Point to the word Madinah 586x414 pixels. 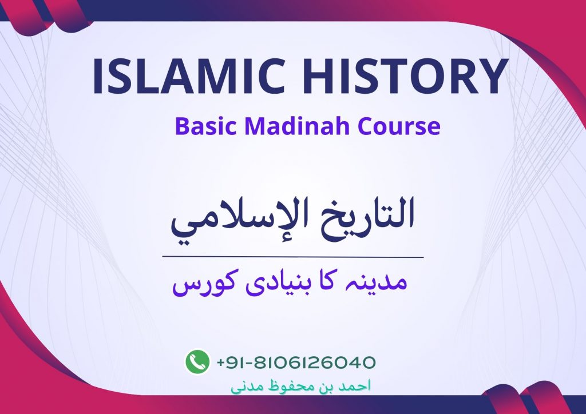click(x=297, y=126)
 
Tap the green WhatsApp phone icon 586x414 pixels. click(x=197, y=361)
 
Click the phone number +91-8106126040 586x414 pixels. click(x=296, y=362)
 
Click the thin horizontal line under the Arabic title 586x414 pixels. click(x=293, y=257)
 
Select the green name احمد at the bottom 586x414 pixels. click(x=355, y=386)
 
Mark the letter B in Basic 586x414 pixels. click(x=181, y=126)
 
